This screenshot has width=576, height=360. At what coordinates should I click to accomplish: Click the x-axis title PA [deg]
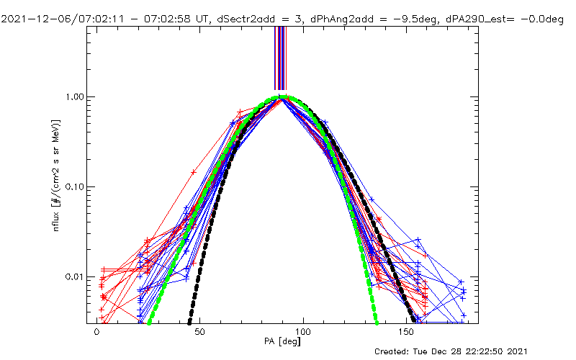[x=282, y=341]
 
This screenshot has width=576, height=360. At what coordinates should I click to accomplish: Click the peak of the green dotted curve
[x=282, y=97]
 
